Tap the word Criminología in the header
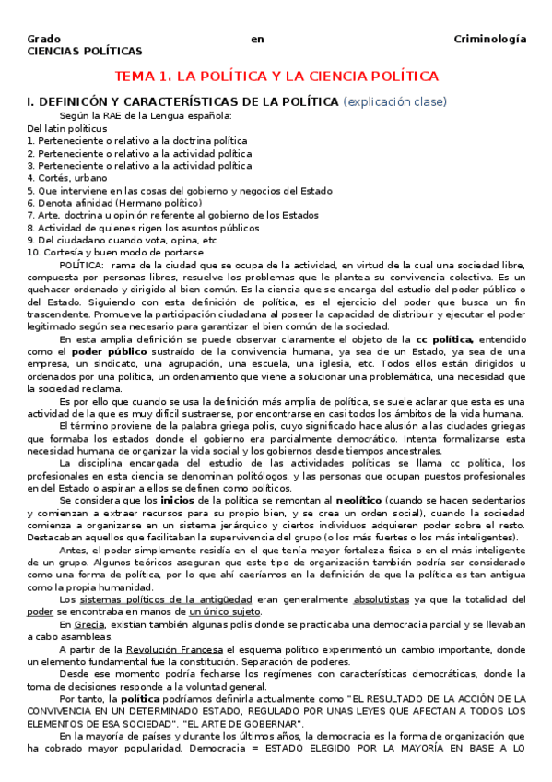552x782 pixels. click(x=490, y=39)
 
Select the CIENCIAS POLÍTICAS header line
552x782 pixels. click(x=85, y=52)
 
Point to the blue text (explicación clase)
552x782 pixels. click(x=395, y=101)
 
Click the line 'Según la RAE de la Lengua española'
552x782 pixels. click(x=146, y=116)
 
